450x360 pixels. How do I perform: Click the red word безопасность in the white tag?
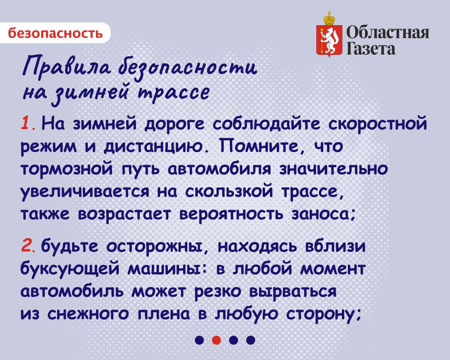pos(55,33)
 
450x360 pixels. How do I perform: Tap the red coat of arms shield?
pos(329,40)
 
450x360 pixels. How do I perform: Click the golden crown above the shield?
pos(329,18)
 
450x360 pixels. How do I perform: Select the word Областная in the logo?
pos(388,32)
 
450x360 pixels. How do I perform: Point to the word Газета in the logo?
pos(371,49)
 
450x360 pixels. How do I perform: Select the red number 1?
pos(26,124)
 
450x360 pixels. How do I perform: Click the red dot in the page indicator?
pos(216,340)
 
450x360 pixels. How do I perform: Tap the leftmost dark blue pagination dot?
pos(199,340)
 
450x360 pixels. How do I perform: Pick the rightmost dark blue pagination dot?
pos(251,340)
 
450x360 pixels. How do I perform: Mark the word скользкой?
pos(229,191)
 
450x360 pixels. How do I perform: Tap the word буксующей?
pos(70,269)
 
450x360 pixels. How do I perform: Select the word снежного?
pos(88,314)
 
